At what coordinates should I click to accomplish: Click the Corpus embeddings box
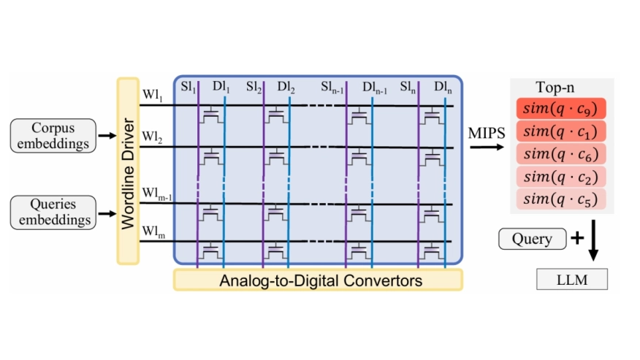coord(53,135)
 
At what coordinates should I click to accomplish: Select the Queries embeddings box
coord(53,212)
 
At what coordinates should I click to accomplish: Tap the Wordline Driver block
coord(128,170)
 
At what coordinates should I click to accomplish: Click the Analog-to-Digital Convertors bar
coord(318,279)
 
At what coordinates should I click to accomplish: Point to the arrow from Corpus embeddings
coord(107,136)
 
